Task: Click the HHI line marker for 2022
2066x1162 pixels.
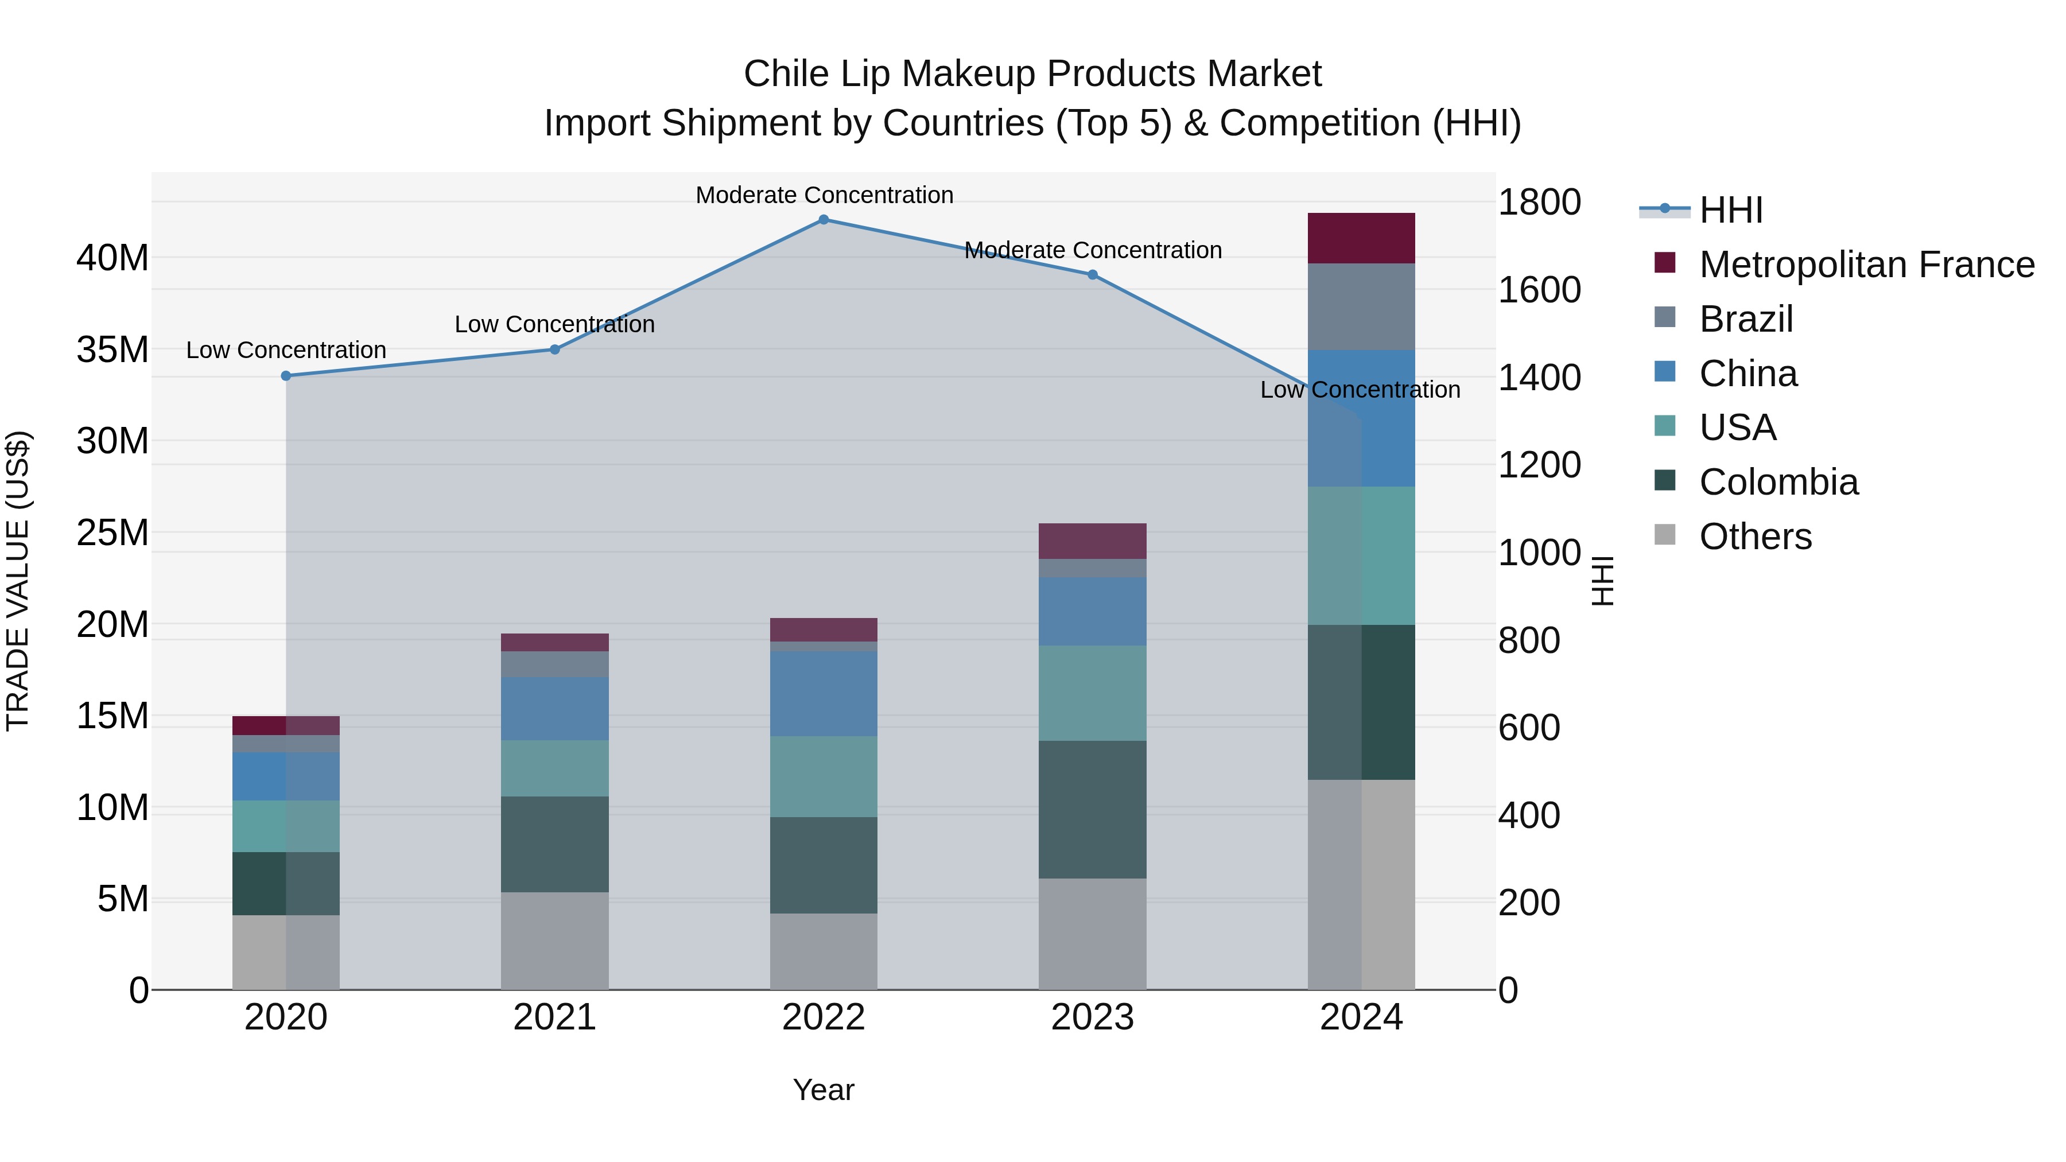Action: [824, 220]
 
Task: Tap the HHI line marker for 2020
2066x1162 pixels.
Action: [286, 376]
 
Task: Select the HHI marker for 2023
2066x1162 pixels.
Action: [1092, 275]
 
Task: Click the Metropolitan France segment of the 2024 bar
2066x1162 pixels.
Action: [1361, 239]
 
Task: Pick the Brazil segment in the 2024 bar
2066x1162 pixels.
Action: [1361, 307]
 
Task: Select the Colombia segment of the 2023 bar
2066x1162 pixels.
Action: [1092, 809]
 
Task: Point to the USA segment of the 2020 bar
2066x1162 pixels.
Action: [286, 826]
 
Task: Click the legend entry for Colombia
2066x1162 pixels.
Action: [1778, 483]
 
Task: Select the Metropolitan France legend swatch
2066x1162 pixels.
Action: [1665, 263]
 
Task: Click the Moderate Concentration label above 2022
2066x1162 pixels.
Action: [824, 196]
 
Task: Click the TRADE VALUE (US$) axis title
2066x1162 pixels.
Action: [18, 581]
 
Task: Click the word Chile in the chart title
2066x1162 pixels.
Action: [786, 74]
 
